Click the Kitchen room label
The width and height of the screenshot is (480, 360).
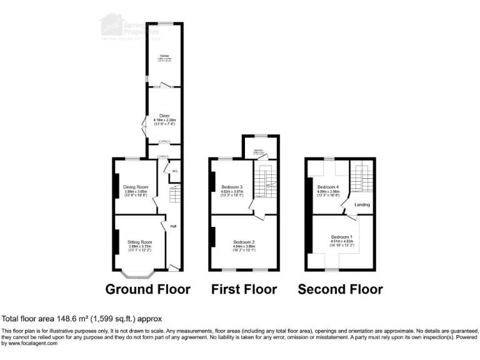pos(165,56)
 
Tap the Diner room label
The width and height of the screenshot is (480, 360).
pos(164,116)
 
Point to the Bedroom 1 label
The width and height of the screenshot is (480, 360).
pos(342,237)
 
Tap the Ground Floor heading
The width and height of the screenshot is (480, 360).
pos(147,289)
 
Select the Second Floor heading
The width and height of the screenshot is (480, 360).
pos(340,289)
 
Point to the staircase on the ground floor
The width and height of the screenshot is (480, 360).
pos(174,194)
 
